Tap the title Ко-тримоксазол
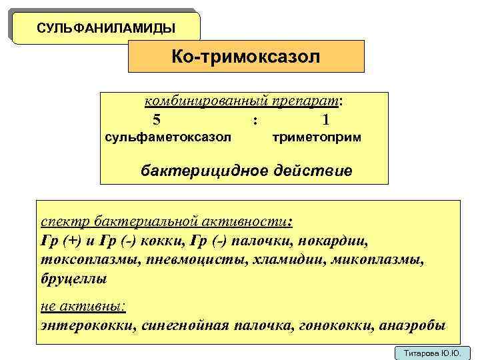[x=246, y=56]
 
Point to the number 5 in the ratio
[x=157, y=120]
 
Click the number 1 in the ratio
[x=325, y=120]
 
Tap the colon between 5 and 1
[x=256, y=121]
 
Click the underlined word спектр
[x=65, y=221]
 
